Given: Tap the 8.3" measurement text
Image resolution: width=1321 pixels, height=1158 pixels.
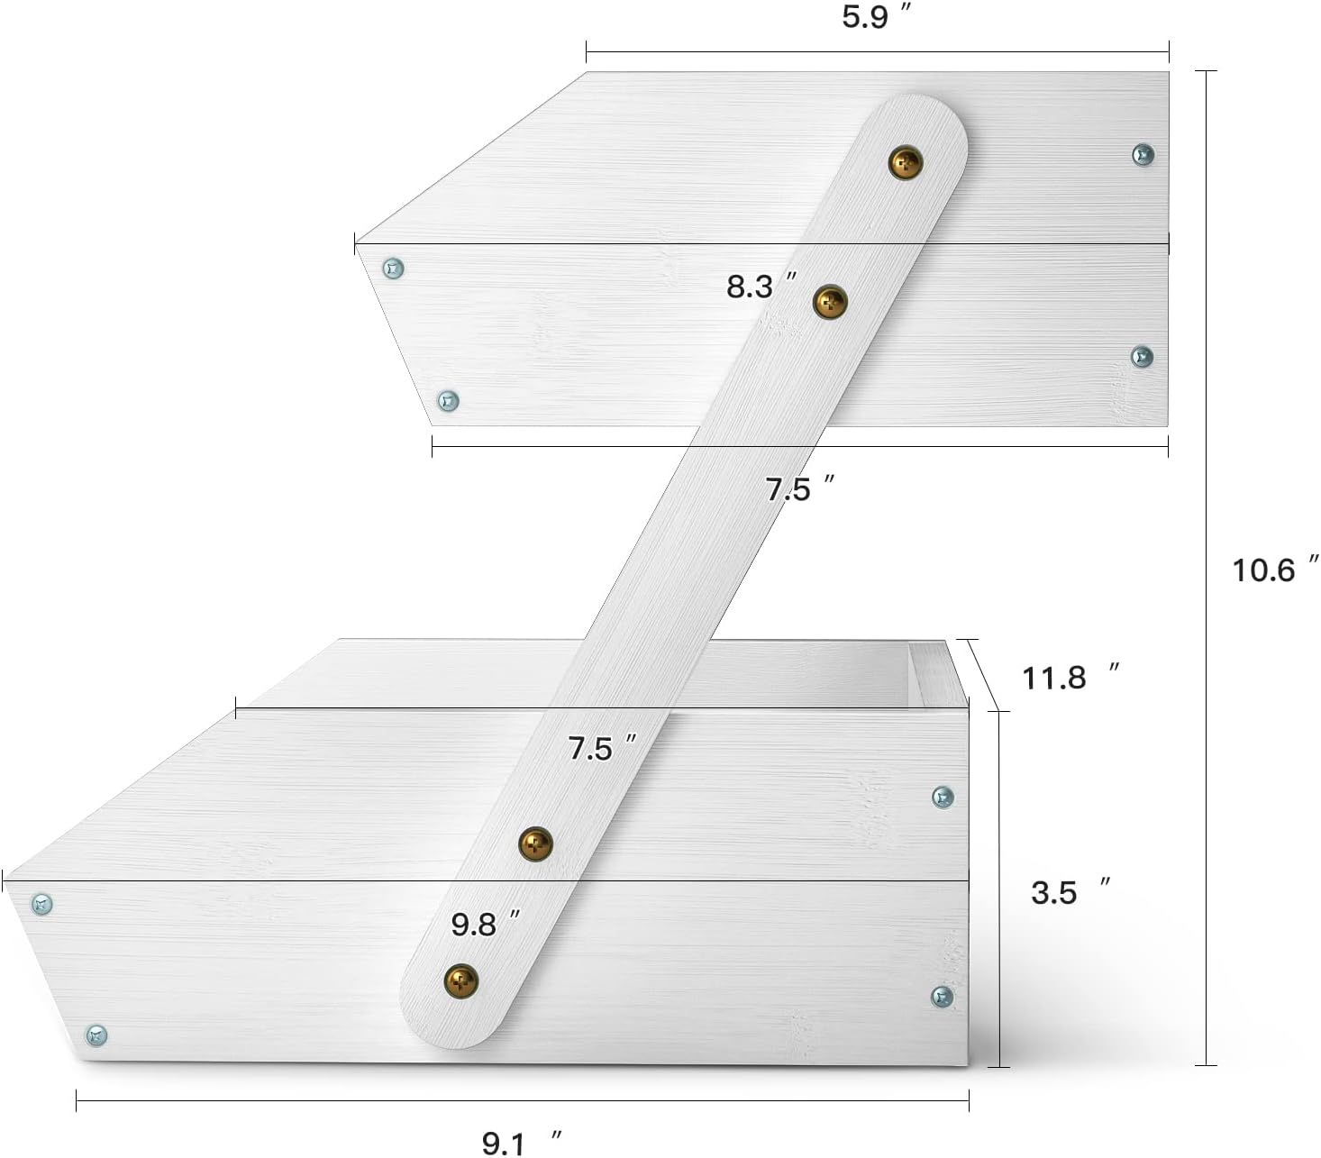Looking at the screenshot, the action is [761, 287].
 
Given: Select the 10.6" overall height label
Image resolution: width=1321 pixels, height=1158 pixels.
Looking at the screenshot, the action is [1275, 570].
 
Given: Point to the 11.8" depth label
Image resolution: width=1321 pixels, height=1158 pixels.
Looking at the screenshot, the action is [1070, 678].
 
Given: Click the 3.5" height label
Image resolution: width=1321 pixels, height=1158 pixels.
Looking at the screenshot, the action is [1070, 892].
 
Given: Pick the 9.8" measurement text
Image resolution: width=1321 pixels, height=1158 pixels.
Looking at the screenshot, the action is [485, 924].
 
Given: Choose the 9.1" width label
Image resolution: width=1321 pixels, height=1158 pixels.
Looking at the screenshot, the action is [521, 1143].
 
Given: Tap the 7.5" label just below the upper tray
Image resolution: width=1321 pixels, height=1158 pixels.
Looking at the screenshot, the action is [799, 488].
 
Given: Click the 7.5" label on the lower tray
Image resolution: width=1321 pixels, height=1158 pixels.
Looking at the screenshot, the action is [601, 747].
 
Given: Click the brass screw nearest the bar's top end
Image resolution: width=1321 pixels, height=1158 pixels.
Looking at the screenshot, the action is [906, 161].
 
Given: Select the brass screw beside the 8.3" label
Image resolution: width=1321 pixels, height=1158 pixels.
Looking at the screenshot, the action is [830, 302].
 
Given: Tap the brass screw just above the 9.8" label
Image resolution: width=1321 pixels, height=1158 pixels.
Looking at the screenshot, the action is [535, 843].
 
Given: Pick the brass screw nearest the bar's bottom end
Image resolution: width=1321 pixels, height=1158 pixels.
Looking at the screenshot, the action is [461, 980].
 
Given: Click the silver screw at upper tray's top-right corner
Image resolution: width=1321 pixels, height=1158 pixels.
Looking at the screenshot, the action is [1143, 154].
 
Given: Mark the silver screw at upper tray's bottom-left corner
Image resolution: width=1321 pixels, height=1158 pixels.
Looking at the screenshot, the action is [447, 400].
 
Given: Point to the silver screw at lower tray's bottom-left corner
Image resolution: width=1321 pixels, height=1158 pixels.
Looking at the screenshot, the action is [96, 1035].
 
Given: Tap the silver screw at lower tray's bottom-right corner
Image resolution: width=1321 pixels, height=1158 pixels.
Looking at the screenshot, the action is [942, 997].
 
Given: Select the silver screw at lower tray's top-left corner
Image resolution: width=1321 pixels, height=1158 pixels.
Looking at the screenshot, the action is [41, 904].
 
